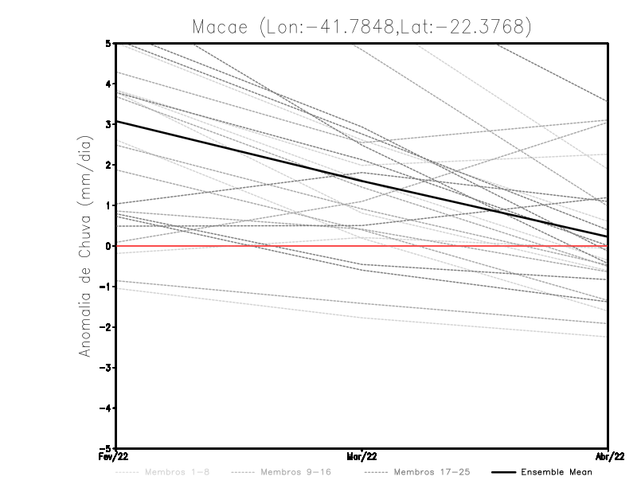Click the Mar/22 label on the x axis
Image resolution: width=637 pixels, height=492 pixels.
pyautogui.click(x=362, y=456)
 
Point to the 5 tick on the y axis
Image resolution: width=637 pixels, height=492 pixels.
pyautogui.click(x=108, y=43)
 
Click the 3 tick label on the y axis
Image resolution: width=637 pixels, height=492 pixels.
pyautogui.click(x=108, y=124)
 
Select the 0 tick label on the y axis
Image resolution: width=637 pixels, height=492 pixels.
pyautogui.click(x=108, y=246)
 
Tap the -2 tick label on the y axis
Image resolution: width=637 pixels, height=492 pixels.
pyautogui.click(x=106, y=327)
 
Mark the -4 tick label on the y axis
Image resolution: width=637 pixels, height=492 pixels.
pyautogui.click(x=106, y=408)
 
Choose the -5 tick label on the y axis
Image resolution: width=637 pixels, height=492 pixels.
pyautogui.click(x=106, y=448)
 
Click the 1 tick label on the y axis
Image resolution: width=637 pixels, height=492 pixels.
pyautogui.click(x=108, y=205)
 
